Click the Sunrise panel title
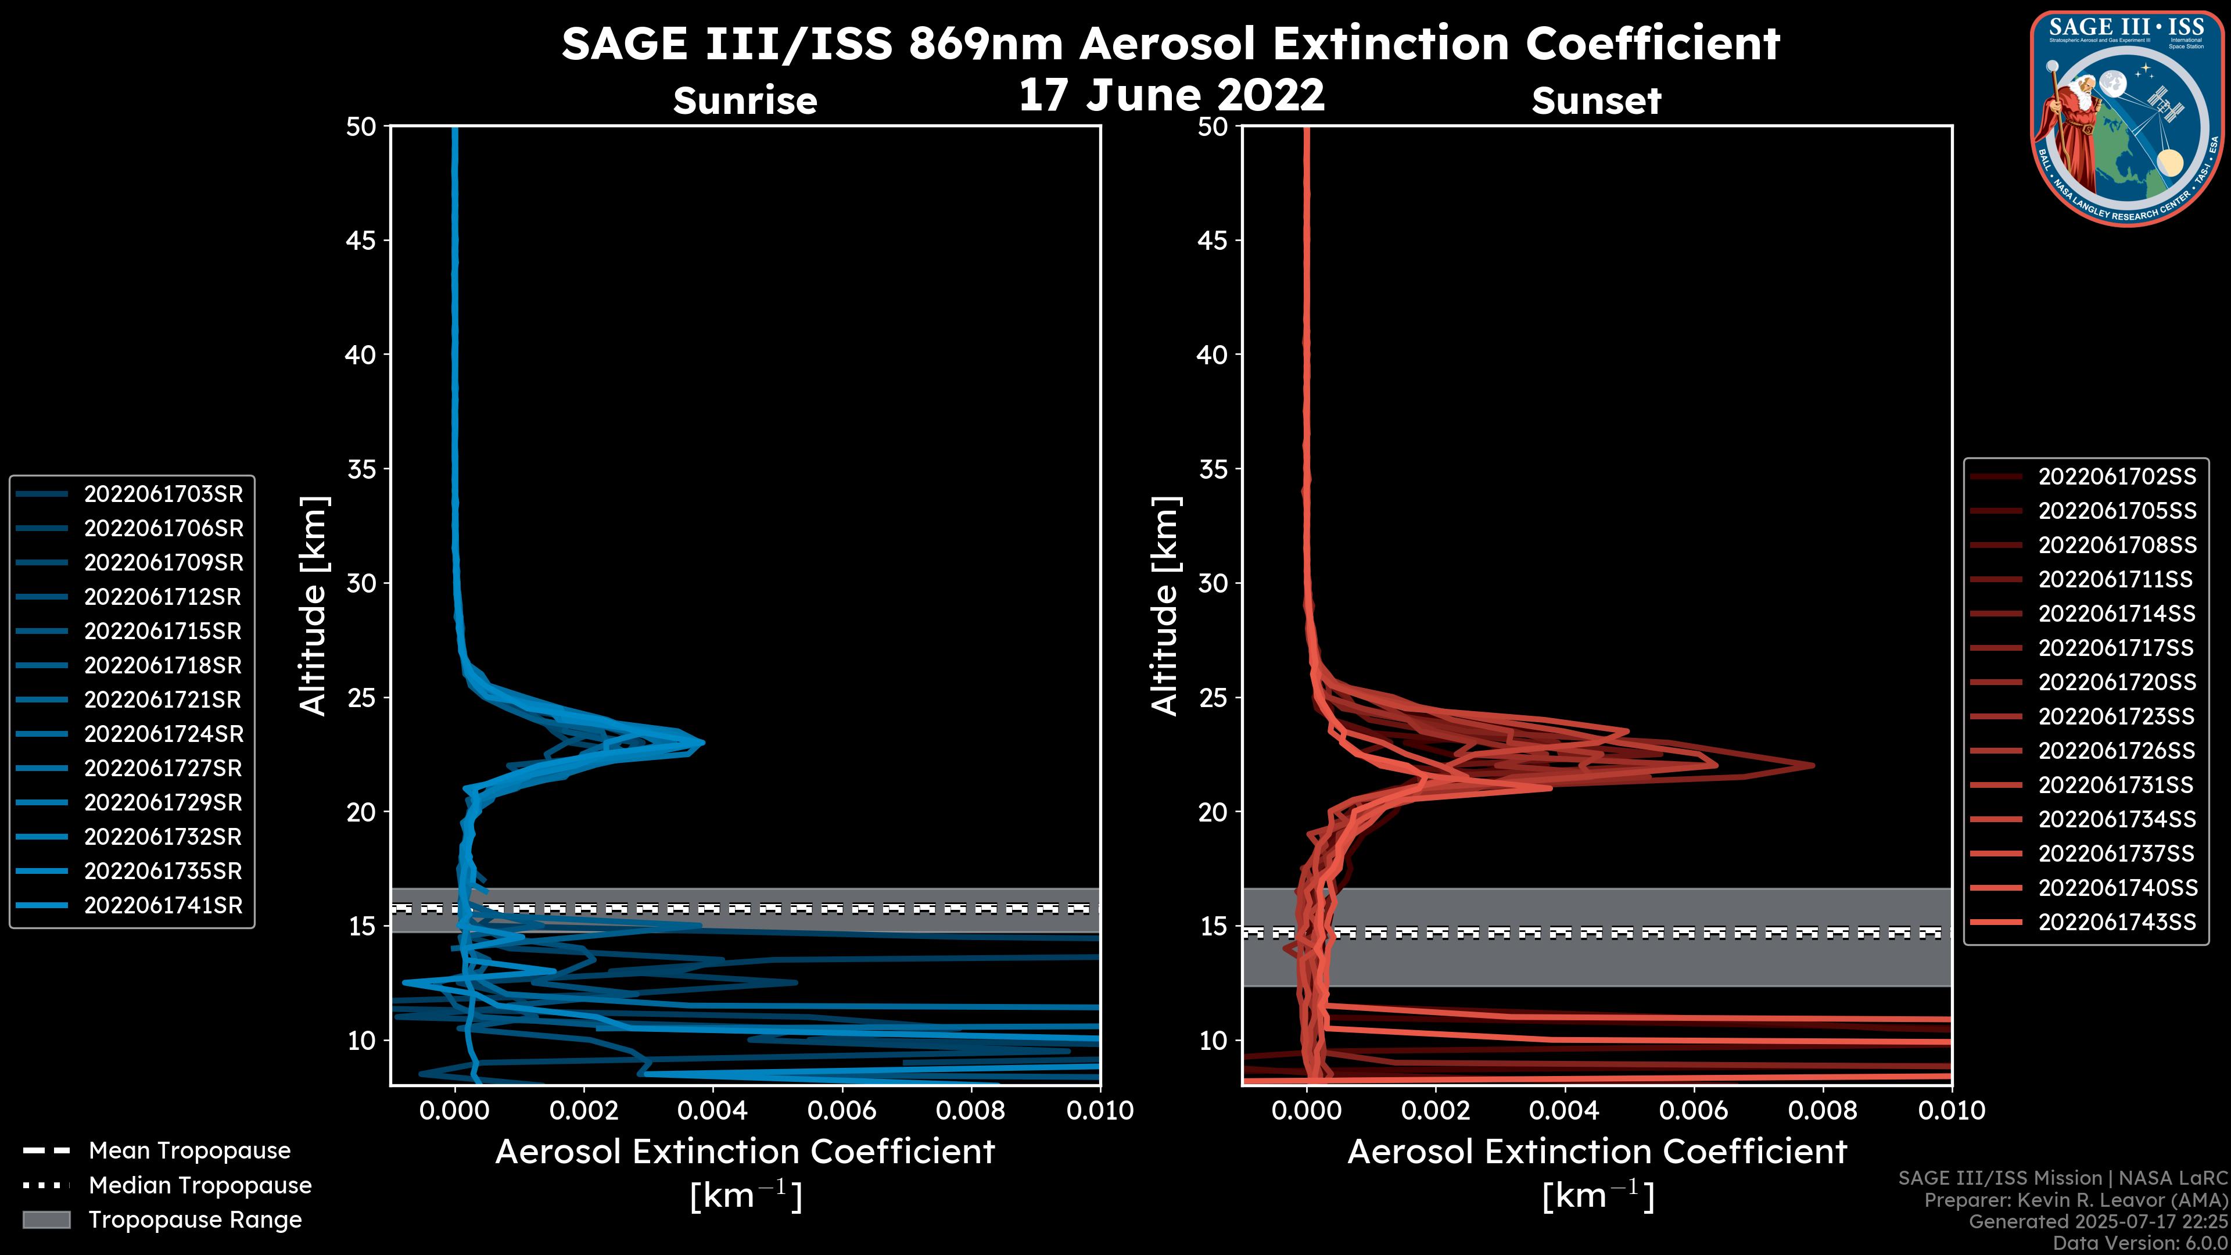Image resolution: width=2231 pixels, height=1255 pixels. tap(745, 101)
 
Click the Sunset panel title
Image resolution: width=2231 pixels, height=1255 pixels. tap(1596, 101)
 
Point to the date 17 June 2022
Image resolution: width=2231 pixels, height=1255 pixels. tap(1171, 95)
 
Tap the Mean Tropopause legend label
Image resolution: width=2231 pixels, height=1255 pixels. tap(189, 1150)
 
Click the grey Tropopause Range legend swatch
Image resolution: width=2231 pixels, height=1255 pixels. tap(46, 1220)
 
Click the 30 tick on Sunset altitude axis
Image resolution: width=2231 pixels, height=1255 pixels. tap(1213, 583)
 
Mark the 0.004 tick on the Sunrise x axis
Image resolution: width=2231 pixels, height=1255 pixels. tap(713, 1110)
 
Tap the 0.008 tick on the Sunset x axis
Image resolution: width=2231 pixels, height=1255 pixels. tap(1823, 1110)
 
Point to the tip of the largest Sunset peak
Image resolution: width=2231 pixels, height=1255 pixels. tap(1813, 765)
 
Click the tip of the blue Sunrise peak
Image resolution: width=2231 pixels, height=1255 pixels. tap(703, 743)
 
